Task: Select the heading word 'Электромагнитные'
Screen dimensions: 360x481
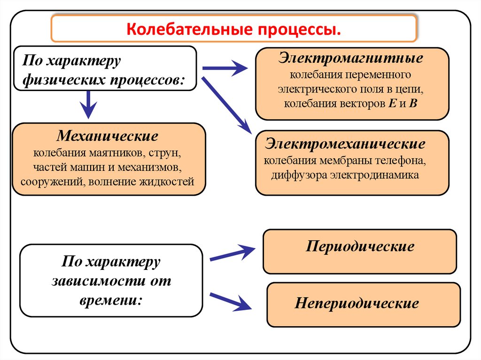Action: (350, 60)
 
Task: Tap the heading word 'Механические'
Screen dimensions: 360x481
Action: (108, 137)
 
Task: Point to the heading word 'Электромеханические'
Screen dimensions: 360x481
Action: (345, 143)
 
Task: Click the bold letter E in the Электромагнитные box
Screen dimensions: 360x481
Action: (393, 104)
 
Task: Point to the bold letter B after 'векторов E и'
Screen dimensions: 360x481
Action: (413, 104)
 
